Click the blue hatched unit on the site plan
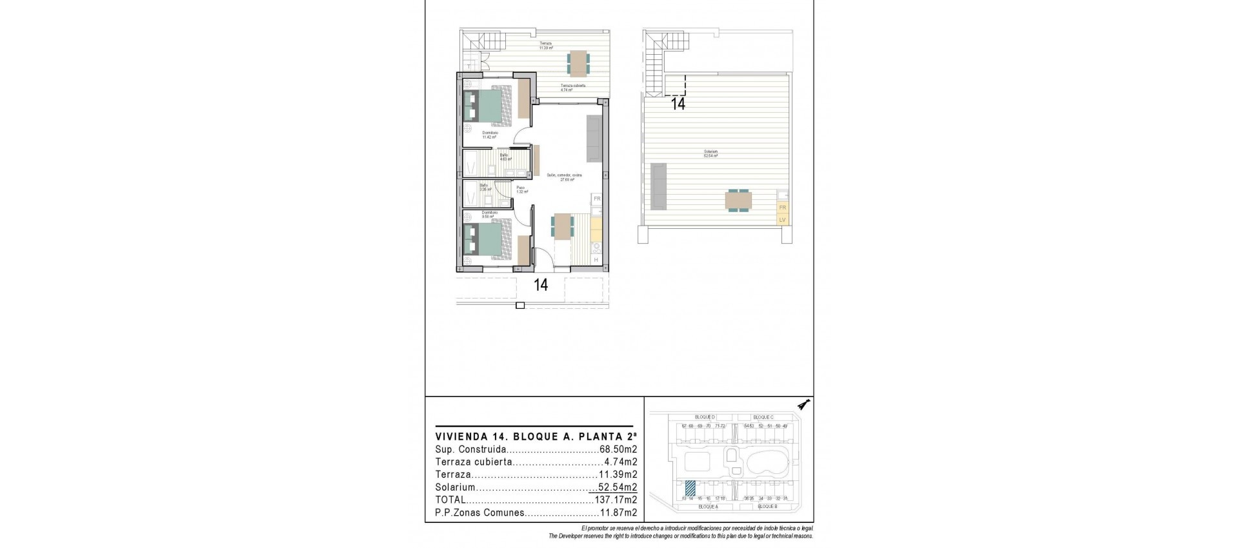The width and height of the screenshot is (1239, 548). click(690, 489)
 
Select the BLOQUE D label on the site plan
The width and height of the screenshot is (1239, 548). click(704, 417)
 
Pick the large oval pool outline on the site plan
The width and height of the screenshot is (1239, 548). click(767, 462)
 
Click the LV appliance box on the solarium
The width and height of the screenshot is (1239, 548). click(782, 220)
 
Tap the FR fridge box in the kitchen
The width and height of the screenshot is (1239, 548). click(597, 199)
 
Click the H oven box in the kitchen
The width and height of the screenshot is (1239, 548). click(596, 260)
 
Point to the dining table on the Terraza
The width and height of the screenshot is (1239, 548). click(578, 63)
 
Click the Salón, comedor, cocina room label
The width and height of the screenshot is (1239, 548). click(565, 175)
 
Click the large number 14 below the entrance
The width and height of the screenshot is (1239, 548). click(541, 284)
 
